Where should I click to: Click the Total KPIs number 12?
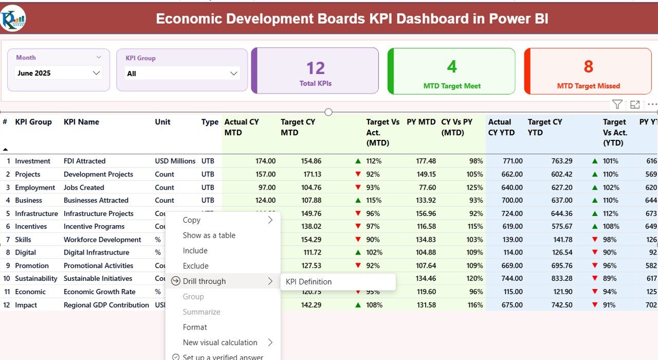pyautogui.click(x=315, y=68)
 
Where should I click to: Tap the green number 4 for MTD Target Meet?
pyautogui.click(x=451, y=67)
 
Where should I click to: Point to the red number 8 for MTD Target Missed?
pyautogui.click(x=588, y=67)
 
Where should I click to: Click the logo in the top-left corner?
pyautogui.click(x=13, y=19)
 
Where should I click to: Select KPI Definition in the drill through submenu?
pyautogui.click(x=308, y=282)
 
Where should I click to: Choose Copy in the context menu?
pyautogui.click(x=191, y=220)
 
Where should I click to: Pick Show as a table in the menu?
pyautogui.click(x=209, y=236)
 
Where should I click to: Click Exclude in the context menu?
pyautogui.click(x=195, y=266)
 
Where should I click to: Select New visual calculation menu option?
pyautogui.click(x=220, y=343)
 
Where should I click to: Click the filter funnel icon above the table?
pyautogui.click(x=617, y=104)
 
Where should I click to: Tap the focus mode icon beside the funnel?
pyautogui.click(x=635, y=104)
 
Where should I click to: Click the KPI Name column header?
pyautogui.click(x=81, y=122)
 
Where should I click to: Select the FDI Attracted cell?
pyautogui.click(x=84, y=161)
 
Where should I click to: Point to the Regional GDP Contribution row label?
pyautogui.click(x=106, y=305)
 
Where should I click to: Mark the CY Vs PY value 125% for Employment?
pyautogui.click(x=475, y=188)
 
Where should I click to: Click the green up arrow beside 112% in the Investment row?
pyautogui.click(x=358, y=161)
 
